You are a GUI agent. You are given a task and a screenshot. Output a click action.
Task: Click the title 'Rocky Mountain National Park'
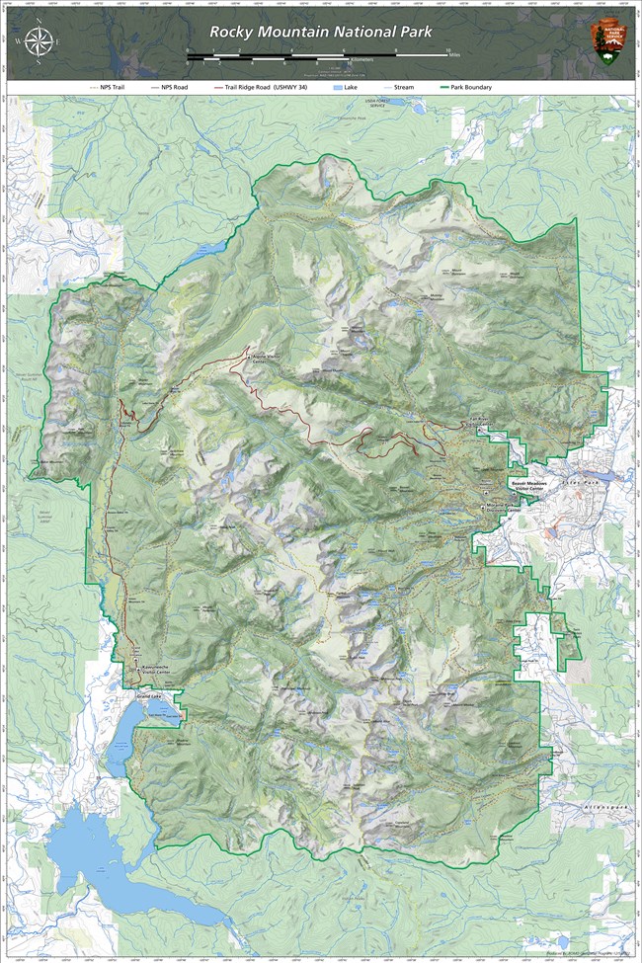coord(320,32)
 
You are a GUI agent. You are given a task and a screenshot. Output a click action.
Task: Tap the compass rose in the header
coord(40,41)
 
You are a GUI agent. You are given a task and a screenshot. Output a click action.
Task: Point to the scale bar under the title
coord(317,55)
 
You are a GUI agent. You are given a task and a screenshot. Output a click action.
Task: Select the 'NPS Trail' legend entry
coord(112,87)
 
